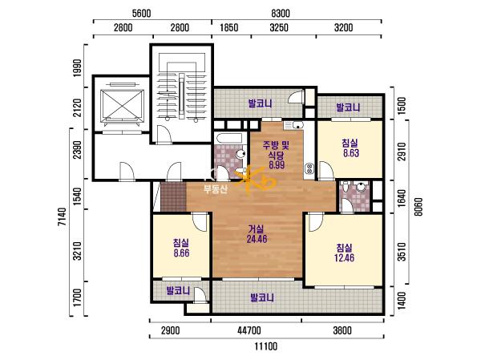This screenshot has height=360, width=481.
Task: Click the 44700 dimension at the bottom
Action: (x=249, y=330)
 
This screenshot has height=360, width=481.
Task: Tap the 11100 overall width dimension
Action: (x=265, y=346)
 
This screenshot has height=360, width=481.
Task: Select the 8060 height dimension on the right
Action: (x=418, y=206)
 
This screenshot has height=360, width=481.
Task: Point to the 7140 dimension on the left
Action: (x=62, y=216)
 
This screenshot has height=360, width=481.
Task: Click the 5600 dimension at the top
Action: (x=141, y=14)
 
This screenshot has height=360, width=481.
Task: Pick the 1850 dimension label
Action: (x=228, y=27)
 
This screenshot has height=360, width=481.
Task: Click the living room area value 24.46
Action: (x=257, y=239)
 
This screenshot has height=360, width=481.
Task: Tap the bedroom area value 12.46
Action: (x=344, y=258)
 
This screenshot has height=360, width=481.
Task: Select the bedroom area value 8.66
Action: (x=181, y=253)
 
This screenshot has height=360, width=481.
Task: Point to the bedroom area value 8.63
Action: (x=351, y=153)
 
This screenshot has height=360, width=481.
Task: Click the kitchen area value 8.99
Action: (x=277, y=165)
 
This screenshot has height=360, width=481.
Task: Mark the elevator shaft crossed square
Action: (x=122, y=105)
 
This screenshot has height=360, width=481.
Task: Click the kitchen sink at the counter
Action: (x=293, y=125)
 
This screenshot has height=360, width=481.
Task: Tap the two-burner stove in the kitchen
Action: (x=309, y=168)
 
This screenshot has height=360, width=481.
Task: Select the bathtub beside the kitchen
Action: (x=229, y=138)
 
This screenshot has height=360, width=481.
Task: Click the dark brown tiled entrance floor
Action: (x=173, y=196)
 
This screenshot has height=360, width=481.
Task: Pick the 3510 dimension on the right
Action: (x=402, y=252)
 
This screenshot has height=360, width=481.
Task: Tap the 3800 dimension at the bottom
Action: (x=342, y=330)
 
